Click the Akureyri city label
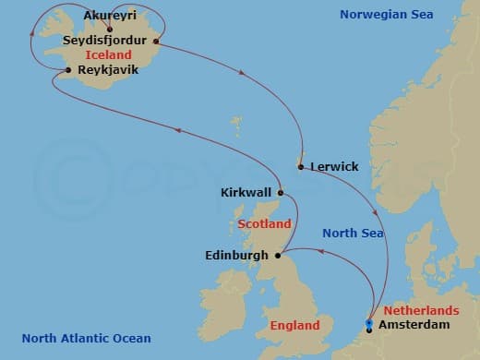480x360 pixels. (x=110, y=16)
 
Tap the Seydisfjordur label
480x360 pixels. (x=106, y=42)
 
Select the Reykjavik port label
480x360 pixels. (x=109, y=69)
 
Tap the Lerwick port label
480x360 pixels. (x=334, y=167)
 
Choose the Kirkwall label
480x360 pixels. (x=246, y=193)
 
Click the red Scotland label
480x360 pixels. (x=264, y=224)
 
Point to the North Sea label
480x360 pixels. (x=351, y=234)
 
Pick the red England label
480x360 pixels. (x=295, y=326)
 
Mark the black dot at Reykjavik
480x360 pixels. (x=69, y=70)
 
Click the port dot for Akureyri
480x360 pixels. (x=110, y=30)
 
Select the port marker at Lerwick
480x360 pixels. (x=301, y=167)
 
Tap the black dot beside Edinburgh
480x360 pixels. (x=278, y=255)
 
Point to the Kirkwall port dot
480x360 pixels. (x=281, y=194)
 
